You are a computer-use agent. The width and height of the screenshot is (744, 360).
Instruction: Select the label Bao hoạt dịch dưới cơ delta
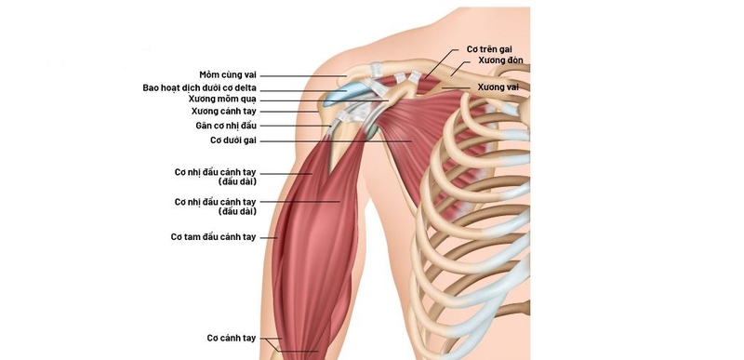click(x=200, y=87)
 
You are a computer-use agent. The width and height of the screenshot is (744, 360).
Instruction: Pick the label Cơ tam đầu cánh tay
click(x=213, y=236)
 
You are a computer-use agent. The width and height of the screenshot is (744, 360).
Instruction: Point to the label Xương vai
click(x=498, y=87)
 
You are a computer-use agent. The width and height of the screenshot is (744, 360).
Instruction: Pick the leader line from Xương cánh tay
click(x=288, y=111)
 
